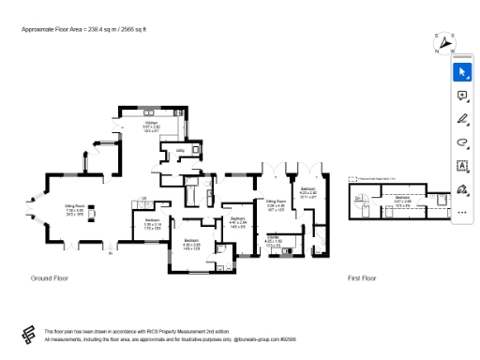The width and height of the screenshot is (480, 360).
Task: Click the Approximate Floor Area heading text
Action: pos(84,30)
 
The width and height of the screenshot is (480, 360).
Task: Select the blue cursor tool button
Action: pos(461,71)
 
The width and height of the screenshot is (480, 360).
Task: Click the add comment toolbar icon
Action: pos(461,96)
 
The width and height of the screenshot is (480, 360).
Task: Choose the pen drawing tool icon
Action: pos(461,119)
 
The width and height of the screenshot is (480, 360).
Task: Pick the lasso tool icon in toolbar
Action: pos(461,142)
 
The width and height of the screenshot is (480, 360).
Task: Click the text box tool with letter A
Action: pos(461,166)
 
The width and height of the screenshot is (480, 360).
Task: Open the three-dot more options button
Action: pos(461,212)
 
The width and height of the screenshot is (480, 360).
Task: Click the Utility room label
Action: pos(178,149)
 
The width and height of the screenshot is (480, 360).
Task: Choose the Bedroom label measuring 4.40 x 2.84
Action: pos(238,222)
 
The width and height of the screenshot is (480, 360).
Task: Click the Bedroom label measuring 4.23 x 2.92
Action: pos(308,192)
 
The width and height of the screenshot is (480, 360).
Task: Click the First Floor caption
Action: pos(361,279)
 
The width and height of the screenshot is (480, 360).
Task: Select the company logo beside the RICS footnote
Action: pos(27,335)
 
